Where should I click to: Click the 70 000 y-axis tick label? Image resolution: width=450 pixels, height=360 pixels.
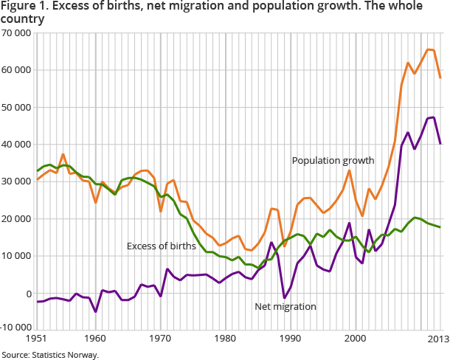(16, 34)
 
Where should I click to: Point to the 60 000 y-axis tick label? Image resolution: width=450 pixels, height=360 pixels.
(16, 71)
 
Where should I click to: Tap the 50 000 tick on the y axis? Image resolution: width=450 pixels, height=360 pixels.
(16, 108)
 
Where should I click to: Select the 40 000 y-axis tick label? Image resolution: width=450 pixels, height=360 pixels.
(16, 145)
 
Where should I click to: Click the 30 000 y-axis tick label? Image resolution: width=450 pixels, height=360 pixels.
(16, 182)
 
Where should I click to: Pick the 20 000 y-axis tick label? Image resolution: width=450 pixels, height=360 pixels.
(16, 219)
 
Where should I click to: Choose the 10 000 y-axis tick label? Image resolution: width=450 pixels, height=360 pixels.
(16, 256)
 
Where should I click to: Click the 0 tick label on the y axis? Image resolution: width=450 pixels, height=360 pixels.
(27, 294)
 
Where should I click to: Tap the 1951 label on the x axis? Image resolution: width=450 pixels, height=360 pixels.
(36, 339)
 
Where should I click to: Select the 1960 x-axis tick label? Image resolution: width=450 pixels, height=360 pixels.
(95, 339)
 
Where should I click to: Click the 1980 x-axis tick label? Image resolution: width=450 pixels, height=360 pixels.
(226, 339)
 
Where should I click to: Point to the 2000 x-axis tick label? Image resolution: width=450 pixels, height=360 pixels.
(356, 339)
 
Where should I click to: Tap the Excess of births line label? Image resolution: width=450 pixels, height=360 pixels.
(161, 246)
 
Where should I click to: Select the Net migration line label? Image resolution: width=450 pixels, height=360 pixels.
(285, 306)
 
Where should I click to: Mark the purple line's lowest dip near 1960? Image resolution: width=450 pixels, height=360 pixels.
(96, 311)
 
